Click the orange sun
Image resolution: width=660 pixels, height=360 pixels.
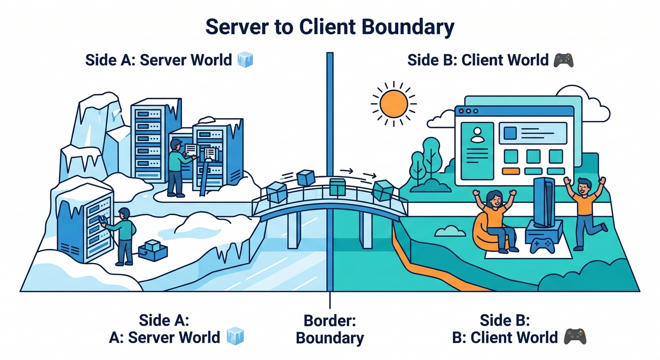pos(393,104)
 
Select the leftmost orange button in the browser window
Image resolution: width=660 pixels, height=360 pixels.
pos(510,171)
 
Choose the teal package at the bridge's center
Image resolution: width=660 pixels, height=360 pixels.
pos(337,187)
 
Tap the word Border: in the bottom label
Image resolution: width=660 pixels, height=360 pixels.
pos(330,321)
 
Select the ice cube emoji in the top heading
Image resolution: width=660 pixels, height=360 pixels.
pos(245,60)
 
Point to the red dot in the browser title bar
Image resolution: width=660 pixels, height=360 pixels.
pos(461,112)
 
